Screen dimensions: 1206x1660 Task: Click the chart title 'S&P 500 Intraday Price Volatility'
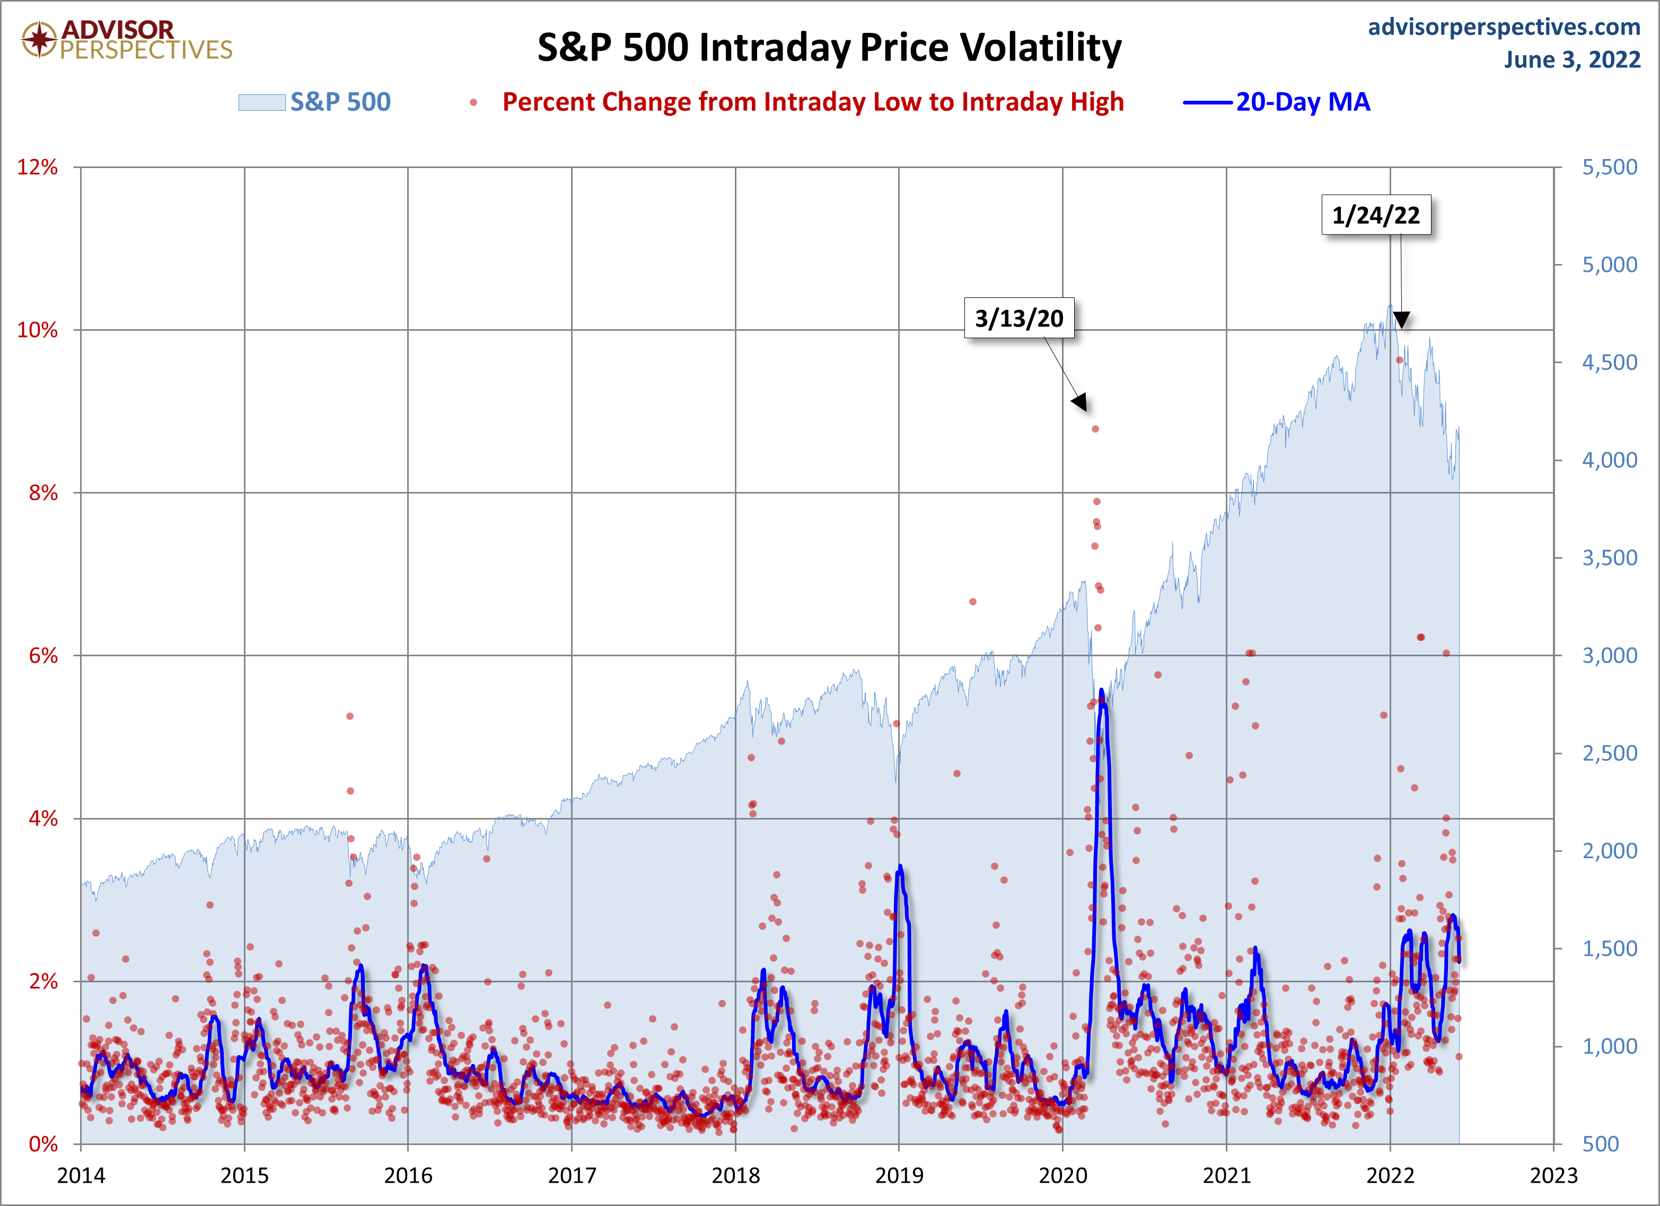(829, 48)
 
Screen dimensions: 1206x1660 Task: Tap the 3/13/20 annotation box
(1019, 319)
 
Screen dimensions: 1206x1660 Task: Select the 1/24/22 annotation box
(1375, 215)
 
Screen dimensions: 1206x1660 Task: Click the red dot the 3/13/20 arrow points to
(1095, 429)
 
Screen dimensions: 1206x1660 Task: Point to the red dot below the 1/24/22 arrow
(1400, 360)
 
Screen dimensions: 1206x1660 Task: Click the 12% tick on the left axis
(37, 168)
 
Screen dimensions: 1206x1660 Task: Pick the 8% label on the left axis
(43, 493)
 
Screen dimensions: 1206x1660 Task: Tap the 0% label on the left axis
(43, 1145)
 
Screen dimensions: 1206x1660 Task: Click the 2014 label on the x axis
(81, 1176)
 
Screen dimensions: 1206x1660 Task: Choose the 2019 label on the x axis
(900, 1176)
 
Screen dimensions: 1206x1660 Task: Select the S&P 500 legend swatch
(261, 102)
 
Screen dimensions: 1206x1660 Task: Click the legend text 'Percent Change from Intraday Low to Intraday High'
(812, 102)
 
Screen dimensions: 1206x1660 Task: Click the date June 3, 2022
(1572, 59)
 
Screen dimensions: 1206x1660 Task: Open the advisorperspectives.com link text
(1504, 27)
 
